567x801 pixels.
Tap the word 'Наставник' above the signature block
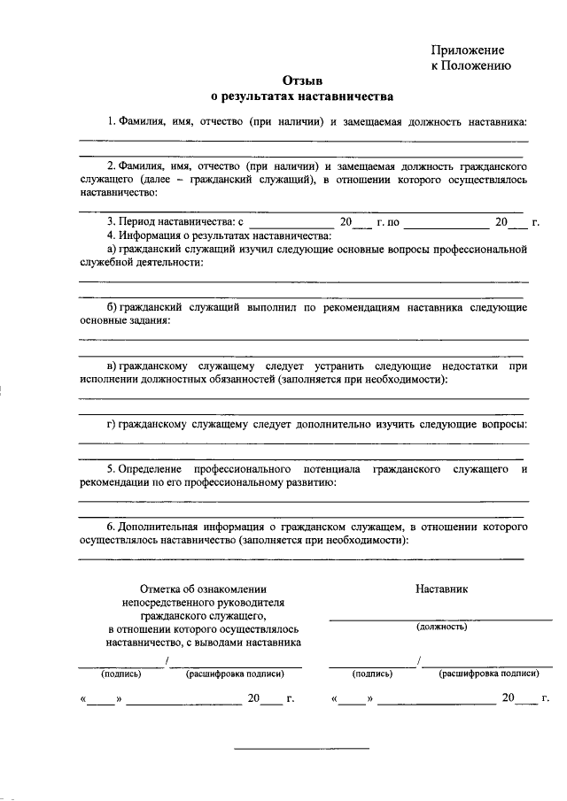click(x=441, y=588)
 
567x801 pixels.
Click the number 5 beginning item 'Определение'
click(x=110, y=466)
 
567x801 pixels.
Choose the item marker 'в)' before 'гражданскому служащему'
click(x=112, y=366)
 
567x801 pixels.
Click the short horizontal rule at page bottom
click(x=301, y=749)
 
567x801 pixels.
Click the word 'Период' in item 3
click(x=139, y=221)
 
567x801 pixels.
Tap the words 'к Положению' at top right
click(x=470, y=65)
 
